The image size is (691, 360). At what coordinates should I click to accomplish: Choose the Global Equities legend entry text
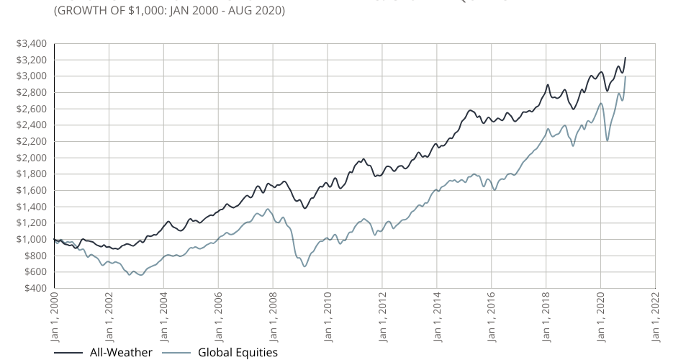pos(238,352)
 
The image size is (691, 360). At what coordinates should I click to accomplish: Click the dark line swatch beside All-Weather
pos(68,353)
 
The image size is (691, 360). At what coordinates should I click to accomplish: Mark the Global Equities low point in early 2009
pos(304,267)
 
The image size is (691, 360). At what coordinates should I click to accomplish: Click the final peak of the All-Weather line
pos(625,57)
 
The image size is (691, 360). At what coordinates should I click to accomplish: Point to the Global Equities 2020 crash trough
pos(608,140)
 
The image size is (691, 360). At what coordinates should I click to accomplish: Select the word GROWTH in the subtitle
pos(80,12)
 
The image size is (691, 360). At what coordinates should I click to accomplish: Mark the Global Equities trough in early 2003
pos(140,274)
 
